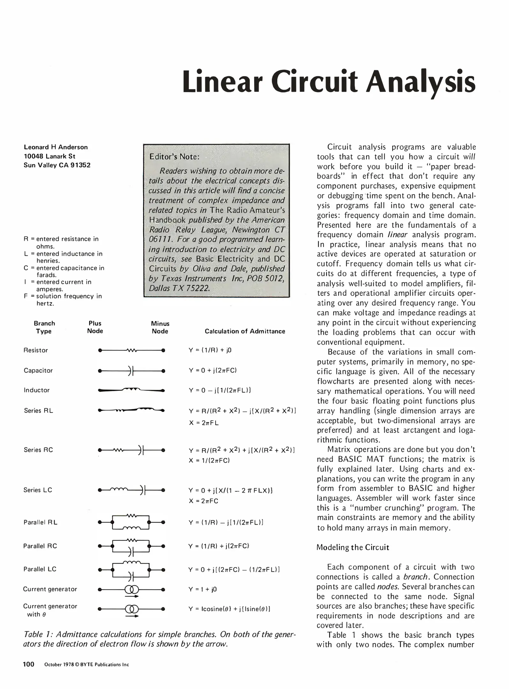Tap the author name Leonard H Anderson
[55, 147]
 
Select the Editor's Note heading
[174, 157]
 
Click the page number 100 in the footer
[28, 664]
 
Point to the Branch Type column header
[44, 327]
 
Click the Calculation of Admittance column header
[245, 331]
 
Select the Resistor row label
[36, 350]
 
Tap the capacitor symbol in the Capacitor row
[131, 371]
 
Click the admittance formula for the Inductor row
[220, 390]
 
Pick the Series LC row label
[38, 490]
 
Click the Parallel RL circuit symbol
[131, 522]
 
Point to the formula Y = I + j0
[203, 589]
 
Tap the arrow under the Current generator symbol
[132, 596]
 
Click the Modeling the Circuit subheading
[353, 547]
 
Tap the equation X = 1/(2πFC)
[209, 460]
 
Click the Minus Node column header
[160, 327]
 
